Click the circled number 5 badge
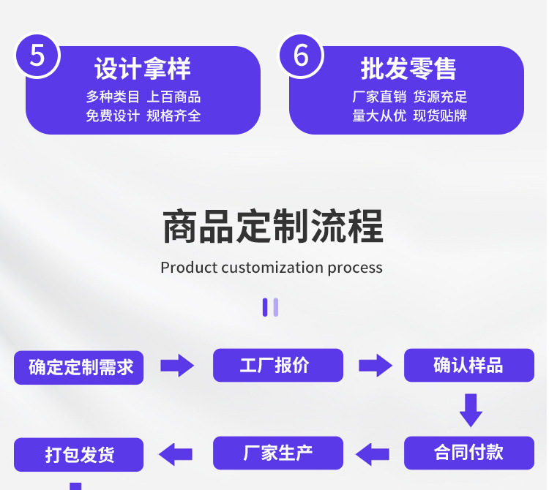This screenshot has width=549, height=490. point(37,54)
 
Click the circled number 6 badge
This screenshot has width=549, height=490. point(301,54)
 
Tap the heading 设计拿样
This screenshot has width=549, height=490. point(143,69)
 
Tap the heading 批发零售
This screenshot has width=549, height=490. point(408,69)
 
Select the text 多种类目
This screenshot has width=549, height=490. point(113,97)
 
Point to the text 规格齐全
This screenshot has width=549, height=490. point(173,116)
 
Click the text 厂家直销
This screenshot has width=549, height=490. point(379,97)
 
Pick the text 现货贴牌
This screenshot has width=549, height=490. point(440,116)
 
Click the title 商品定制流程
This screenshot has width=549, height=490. point(272,226)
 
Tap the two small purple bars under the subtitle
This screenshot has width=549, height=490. point(270,307)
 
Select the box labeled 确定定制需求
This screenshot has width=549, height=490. point(79,366)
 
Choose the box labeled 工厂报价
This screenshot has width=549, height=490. point(277,365)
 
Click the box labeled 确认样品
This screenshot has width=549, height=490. point(468,365)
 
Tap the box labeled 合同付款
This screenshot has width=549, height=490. point(468,453)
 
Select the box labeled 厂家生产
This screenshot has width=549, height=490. point(277,453)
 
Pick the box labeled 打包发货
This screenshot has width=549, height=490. point(79,454)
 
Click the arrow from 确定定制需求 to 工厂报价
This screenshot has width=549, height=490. point(177,366)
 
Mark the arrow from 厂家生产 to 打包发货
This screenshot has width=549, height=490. point(176,453)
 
